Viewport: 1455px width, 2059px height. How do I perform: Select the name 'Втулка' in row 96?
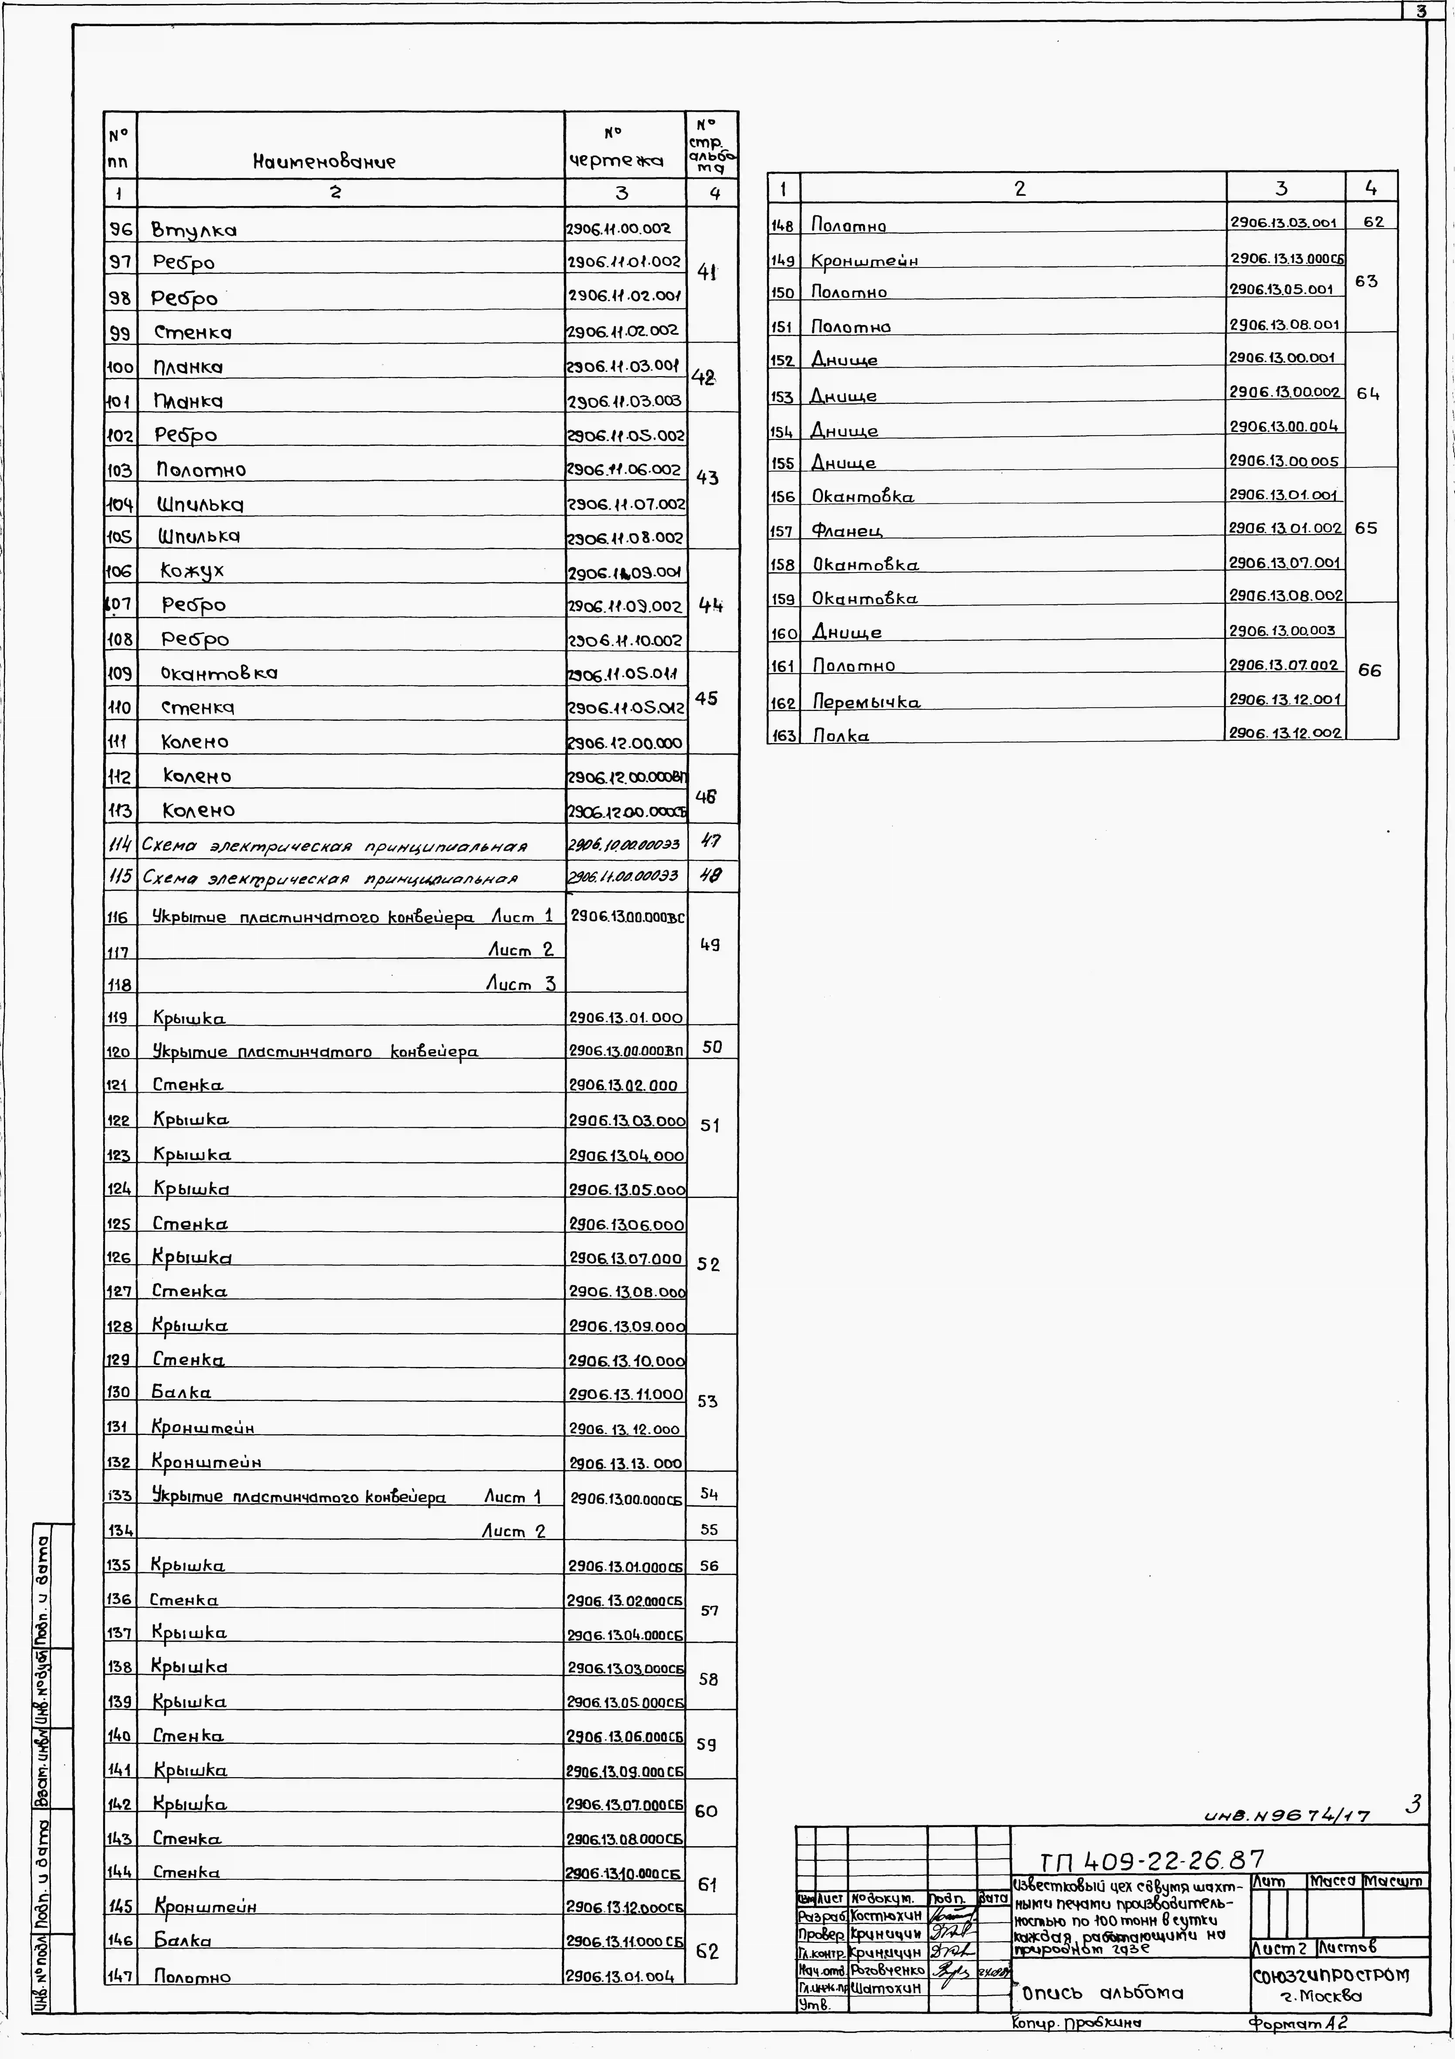[x=194, y=230]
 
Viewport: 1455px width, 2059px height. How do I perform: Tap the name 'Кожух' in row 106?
[x=192, y=570]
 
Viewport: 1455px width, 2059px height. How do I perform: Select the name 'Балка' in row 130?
[x=181, y=1393]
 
